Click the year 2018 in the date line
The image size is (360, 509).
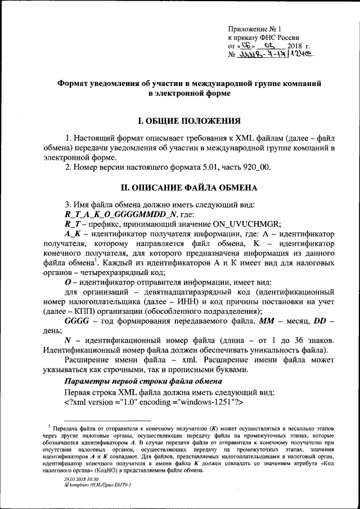point(295,46)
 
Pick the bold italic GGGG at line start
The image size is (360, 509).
point(77,321)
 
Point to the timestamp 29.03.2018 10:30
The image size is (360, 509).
point(81,478)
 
